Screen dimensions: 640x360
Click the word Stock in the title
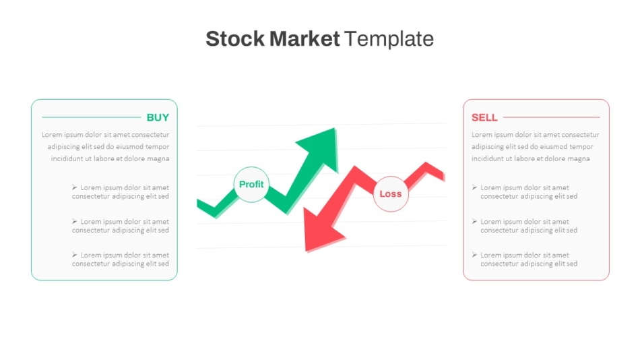click(235, 39)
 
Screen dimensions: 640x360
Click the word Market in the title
click(305, 39)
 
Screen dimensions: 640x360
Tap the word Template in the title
click(389, 39)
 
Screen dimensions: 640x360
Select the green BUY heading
click(158, 118)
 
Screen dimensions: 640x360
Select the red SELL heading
click(484, 118)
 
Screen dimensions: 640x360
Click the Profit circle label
click(251, 184)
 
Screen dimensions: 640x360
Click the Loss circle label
click(391, 194)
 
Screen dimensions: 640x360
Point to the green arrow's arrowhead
click(319, 148)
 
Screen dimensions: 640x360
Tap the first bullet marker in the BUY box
click(74, 187)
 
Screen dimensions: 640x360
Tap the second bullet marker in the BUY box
click(74, 221)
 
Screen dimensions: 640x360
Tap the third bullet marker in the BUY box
click(74, 255)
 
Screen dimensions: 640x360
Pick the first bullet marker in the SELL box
click(474, 187)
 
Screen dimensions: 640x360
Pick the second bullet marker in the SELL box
click(474, 221)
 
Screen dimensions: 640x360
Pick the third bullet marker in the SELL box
click(474, 255)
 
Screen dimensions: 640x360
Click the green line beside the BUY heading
click(92, 117)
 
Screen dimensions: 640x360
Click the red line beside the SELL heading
click(552, 117)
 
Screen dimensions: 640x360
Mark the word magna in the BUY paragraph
click(158, 159)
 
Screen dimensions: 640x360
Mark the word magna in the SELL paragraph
click(579, 159)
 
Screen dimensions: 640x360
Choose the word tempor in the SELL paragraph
click(581, 147)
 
